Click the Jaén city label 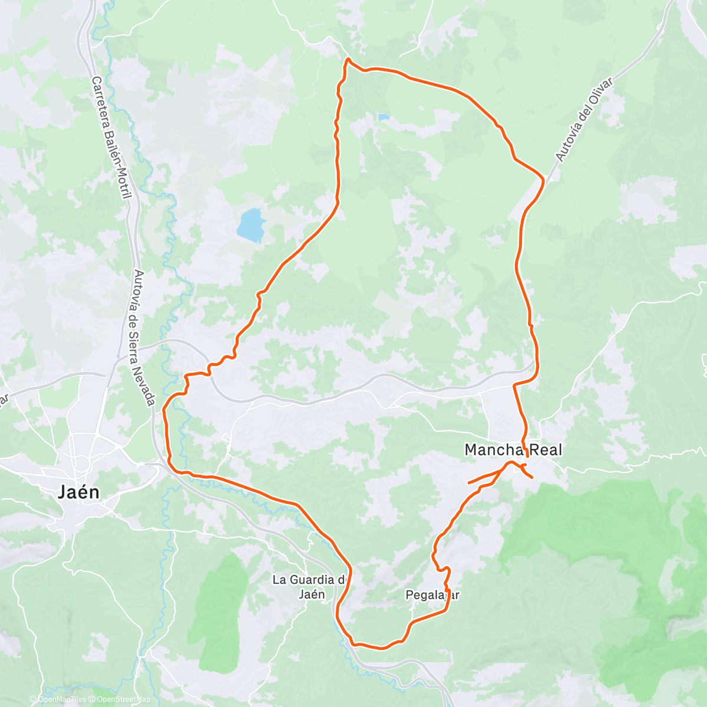tap(79, 493)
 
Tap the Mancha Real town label tap(513, 450)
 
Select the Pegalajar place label tap(432, 595)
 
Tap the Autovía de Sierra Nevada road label tap(143, 338)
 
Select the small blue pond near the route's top tap(384, 118)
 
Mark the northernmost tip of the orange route tap(348, 59)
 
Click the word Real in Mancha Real tap(545, 450)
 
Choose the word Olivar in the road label tap(599, 94)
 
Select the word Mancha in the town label tap(493, 450)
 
